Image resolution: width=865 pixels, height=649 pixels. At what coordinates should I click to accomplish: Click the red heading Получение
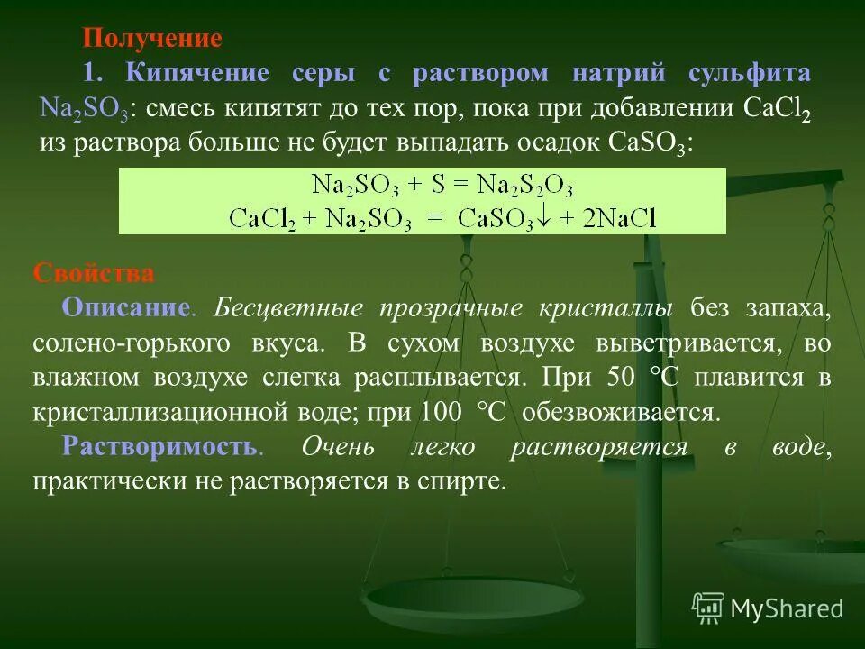[151, 39]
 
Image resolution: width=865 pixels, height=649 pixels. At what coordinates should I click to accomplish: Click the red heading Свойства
[94, 273]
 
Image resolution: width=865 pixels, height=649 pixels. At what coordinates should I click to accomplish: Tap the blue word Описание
[125, 308]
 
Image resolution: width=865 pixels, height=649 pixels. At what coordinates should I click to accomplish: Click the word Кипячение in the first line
[196, 74]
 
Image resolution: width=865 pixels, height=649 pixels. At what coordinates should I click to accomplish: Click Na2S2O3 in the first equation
[524, 186]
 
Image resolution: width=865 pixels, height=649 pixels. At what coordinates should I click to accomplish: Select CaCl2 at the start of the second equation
[262, 218]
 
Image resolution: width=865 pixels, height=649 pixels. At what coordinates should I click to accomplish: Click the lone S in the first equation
[439, 186]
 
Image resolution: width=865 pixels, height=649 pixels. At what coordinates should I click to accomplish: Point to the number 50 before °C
[622, 379]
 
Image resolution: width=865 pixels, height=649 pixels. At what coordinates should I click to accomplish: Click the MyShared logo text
[787, 608]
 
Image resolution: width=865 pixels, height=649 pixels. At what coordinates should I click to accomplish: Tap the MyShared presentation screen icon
[708, 608]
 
